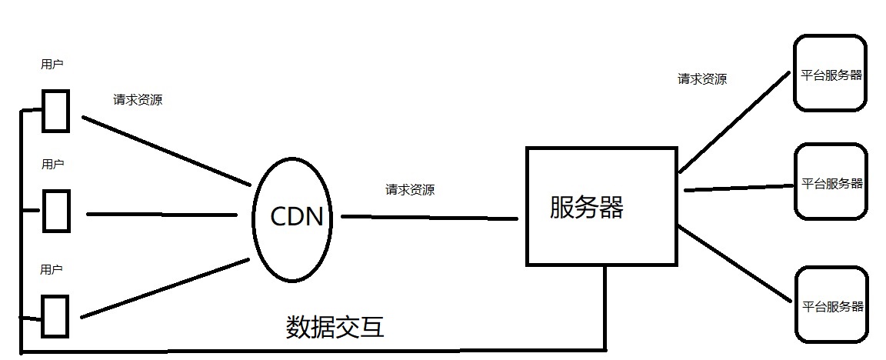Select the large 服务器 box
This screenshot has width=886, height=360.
(x=601, y=206)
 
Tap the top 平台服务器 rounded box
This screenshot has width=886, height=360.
(x=831, y=75)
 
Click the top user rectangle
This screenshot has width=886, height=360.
(x=55, y=111)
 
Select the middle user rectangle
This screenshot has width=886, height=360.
(x=55, y=210)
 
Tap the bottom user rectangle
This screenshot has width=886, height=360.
(x=55, y=315)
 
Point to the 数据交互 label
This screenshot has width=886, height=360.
(x=335, y=328)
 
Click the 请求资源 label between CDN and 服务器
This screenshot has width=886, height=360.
(x=409, y=189)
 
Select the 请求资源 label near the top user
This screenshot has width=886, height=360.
(x=138, y=99)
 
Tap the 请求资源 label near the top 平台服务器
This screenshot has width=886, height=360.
(x=701, y=78)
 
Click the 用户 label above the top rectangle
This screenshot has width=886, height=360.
(x=52, y=65)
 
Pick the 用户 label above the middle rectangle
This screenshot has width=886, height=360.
(x=52, y=164)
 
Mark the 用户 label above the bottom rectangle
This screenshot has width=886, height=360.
(x=52, y=269)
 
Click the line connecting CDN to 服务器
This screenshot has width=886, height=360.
(x=428, y=218)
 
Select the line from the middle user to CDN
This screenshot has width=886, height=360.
(x=162, y=214)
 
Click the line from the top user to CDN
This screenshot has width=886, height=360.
(x=165, y=151)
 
